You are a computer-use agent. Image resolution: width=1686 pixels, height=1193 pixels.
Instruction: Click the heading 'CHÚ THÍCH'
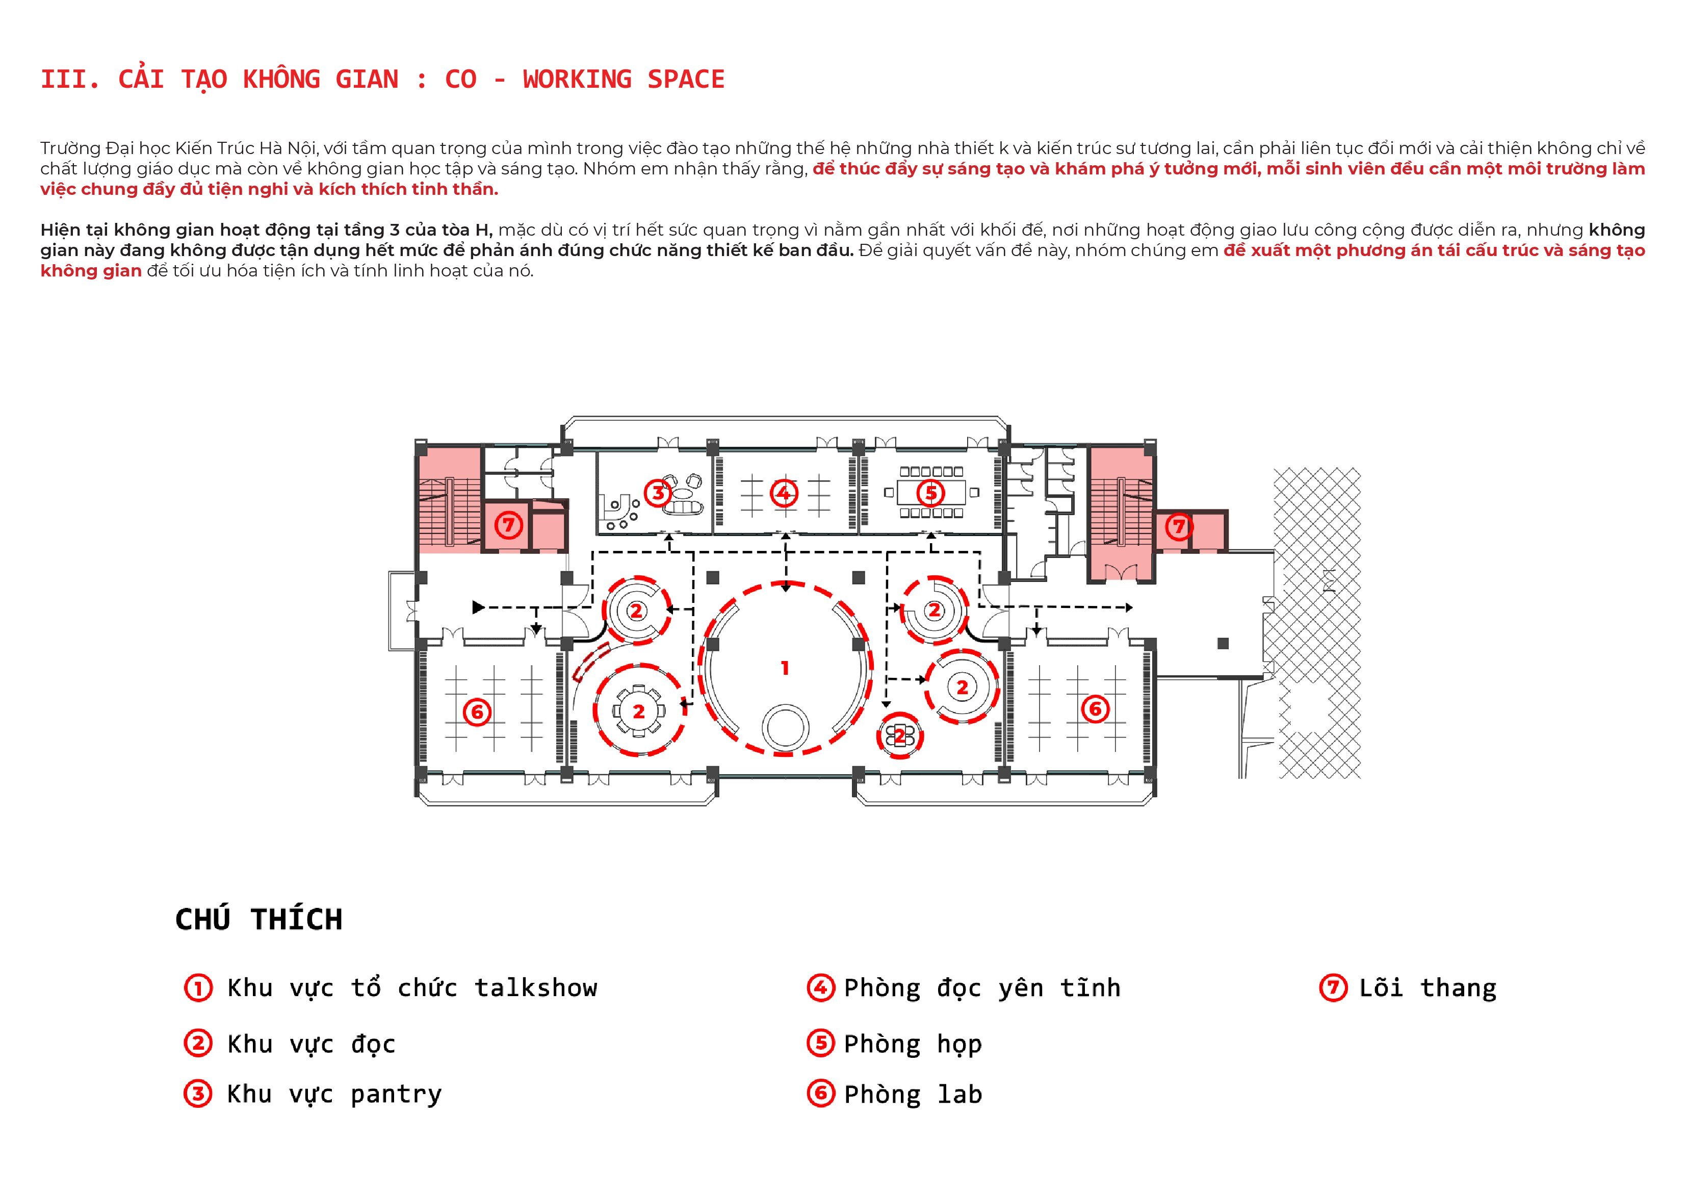(258, 919)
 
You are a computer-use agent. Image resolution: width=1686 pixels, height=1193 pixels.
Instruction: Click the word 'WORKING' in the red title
(577, 80)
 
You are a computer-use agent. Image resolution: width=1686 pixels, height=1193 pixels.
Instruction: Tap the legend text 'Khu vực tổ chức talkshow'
(412, 988)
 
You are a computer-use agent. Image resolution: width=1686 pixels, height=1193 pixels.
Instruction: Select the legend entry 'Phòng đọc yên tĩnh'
(982, 988)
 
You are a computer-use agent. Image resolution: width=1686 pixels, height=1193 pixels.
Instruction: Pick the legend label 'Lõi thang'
(1428, 988)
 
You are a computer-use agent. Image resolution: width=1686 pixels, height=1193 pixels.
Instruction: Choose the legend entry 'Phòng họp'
(913, 1044)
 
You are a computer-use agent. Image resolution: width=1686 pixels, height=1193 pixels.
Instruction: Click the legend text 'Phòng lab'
(913, 1095)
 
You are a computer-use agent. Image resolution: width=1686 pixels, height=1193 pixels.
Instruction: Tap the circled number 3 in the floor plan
(658, 492)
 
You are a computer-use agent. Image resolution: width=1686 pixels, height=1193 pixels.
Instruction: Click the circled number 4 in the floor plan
(784, 492)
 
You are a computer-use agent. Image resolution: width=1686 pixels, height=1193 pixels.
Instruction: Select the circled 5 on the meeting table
(930, 492)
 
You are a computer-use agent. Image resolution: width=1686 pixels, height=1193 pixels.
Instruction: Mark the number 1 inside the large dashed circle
(785, 668)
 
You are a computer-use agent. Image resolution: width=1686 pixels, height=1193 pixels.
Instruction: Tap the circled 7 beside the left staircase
(508, 524)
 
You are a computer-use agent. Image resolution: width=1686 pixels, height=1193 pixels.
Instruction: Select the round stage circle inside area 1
(786, 727)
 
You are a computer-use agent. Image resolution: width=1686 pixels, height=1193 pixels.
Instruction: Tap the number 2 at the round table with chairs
(639, 711)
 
